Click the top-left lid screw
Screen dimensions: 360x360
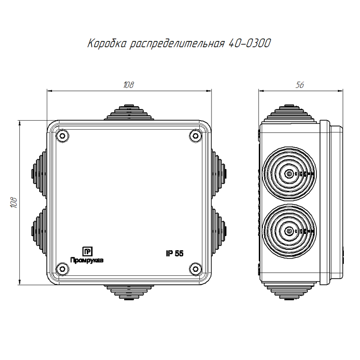[62, 135]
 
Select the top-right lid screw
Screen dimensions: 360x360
[195, 135]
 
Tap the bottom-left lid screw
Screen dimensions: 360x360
[62, 269]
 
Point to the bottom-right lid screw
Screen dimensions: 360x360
[195, 269]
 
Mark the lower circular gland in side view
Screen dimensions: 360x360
[288, 231]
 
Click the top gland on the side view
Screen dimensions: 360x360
[291, 112]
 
